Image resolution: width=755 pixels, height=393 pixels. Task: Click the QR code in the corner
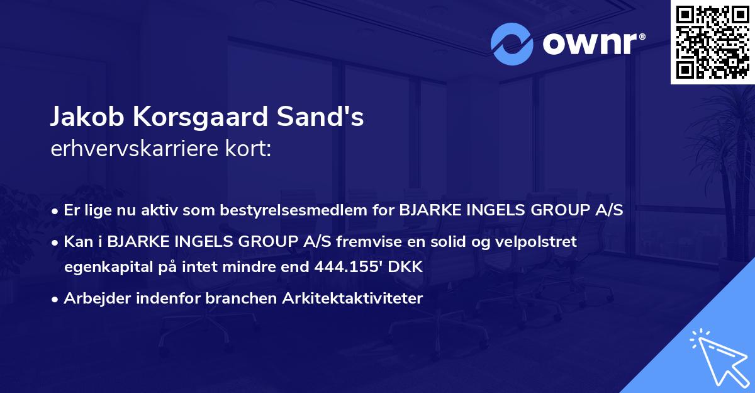point(712,42)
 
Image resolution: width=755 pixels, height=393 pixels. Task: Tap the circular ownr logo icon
point(512,43)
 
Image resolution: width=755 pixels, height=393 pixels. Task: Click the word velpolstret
point(541,242)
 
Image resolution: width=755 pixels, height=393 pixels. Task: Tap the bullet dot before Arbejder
point(56,299)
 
